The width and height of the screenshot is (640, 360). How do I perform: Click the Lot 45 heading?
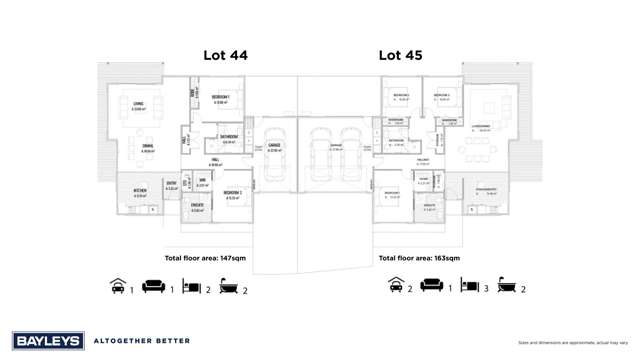point(401,57)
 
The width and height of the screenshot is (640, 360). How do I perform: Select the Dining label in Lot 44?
point(146,149)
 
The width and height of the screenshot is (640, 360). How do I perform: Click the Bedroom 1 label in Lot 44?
point(222,98)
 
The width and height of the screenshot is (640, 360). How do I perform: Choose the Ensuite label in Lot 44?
point(197,209)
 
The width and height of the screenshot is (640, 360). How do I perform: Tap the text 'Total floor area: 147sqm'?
point(204,258)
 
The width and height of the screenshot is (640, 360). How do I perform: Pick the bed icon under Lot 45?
point(469,288)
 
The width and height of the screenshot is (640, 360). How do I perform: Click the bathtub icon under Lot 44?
point(229,288)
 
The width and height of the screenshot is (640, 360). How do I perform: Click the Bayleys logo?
point(46,340)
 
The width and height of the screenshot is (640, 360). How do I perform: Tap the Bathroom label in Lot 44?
point(229,139)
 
